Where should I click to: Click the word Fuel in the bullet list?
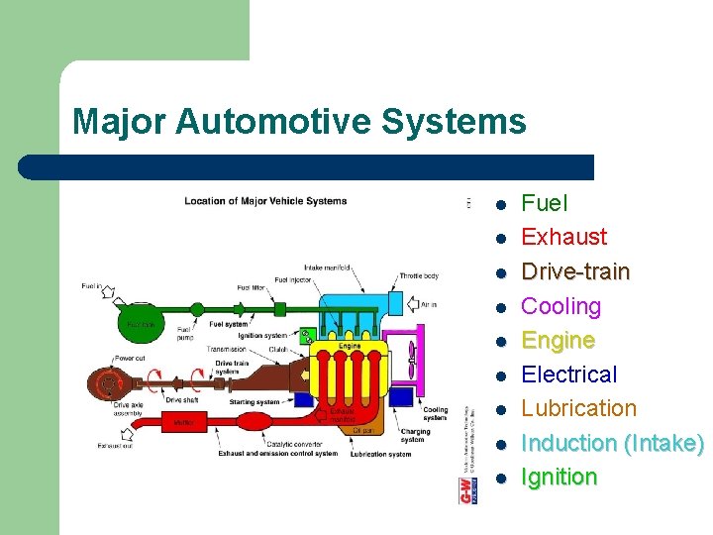544,204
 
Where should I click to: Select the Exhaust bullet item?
563,238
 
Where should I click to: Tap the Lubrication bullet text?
578,408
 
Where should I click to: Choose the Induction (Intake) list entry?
612,443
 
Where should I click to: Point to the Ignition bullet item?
559,477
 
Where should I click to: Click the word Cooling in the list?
560,306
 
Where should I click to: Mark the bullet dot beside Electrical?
502,375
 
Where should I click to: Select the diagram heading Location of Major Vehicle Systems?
265,201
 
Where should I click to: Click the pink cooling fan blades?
408,353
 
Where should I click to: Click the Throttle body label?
418,276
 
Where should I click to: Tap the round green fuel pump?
197,310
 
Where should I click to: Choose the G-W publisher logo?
465,487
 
